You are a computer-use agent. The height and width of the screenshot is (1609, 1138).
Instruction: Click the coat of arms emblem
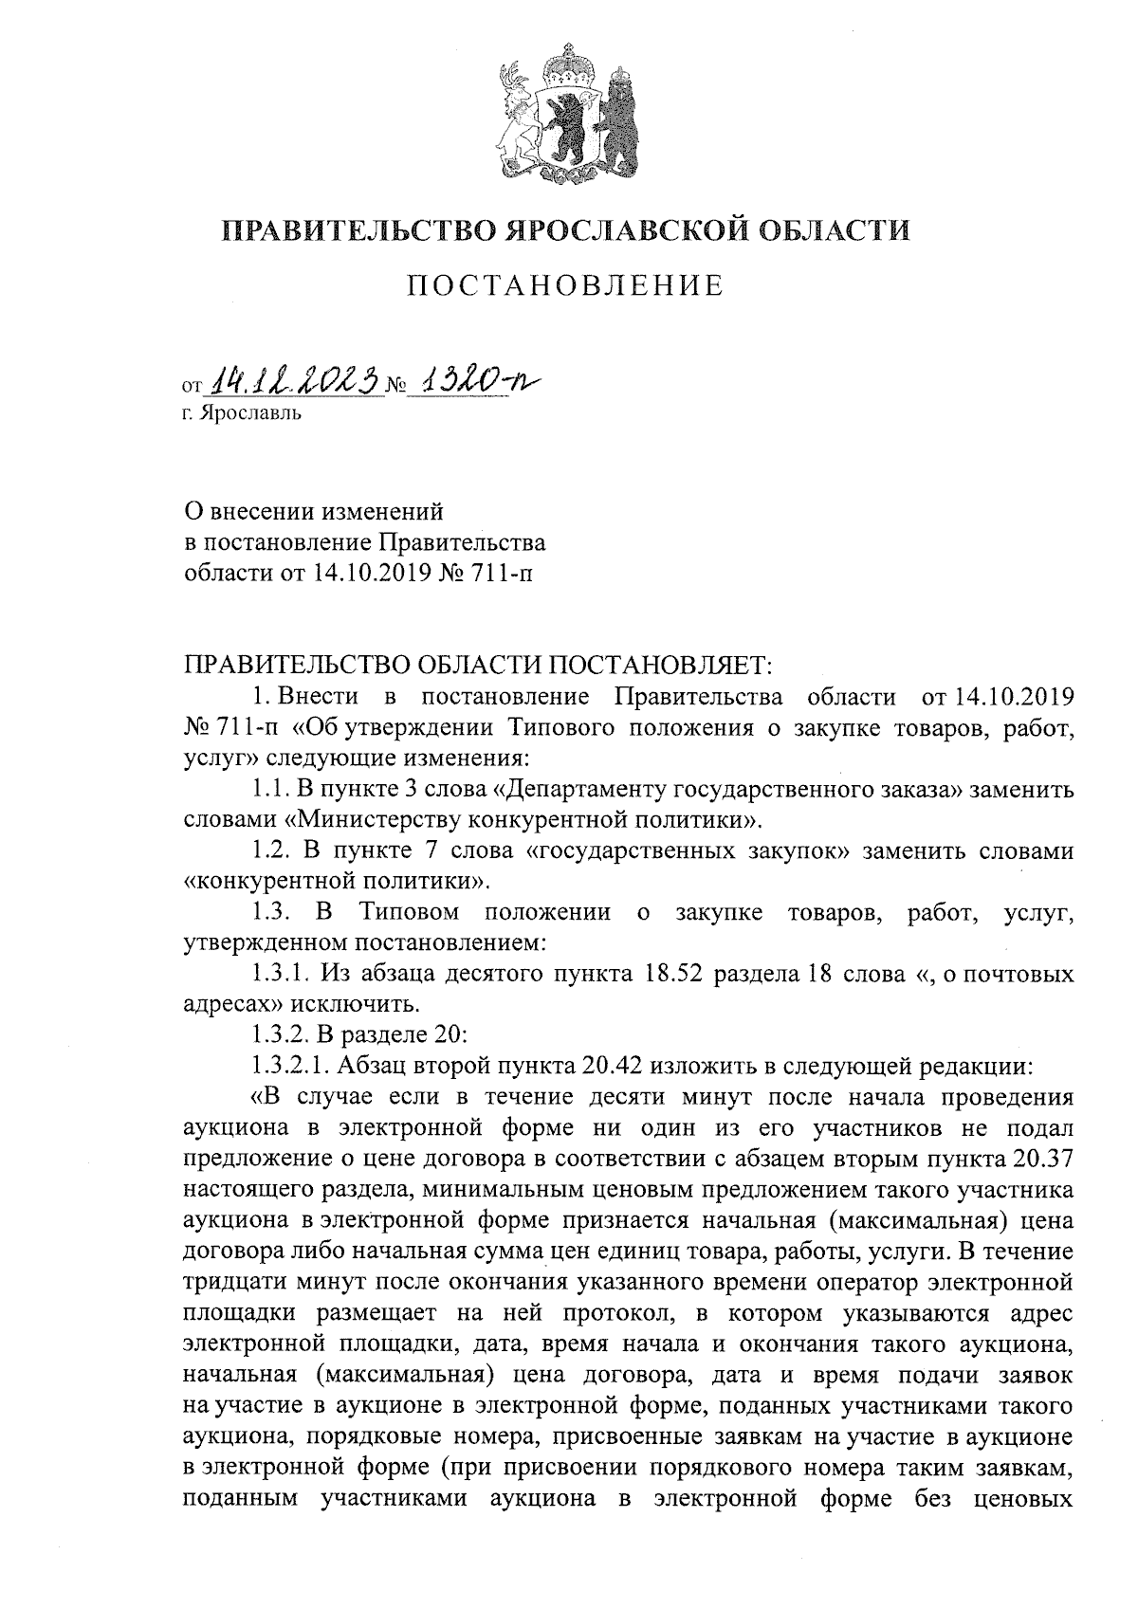coord(568,114)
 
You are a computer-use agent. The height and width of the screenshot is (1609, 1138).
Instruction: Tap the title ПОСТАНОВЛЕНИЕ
coord(566,285)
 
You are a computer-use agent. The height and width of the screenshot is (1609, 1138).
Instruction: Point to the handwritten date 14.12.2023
coord(293,381)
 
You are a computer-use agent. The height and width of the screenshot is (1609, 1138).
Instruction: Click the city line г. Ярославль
coord(243,414)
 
